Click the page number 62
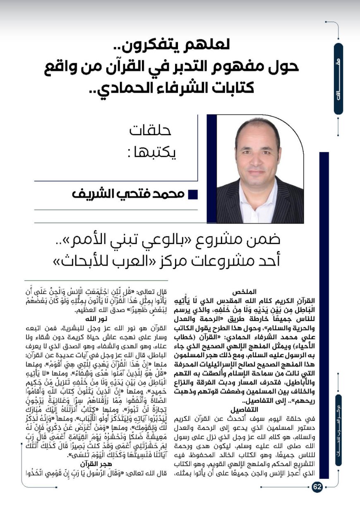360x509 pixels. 317,487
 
